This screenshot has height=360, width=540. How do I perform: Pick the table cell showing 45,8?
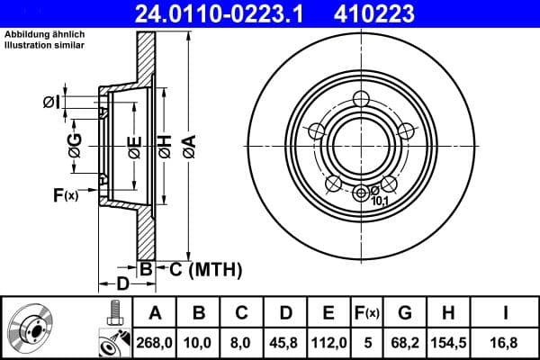(286, 341)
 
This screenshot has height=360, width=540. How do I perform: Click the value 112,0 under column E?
(329, 341)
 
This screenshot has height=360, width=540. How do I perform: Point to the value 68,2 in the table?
(405, 341)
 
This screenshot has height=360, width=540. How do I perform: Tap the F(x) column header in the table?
(367, 313)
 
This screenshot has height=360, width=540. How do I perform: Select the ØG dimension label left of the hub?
(76, 143)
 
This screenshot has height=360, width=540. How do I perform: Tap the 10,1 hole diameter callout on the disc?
(380, 201)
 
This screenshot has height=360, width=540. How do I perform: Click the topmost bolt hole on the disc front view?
(362, 98)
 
